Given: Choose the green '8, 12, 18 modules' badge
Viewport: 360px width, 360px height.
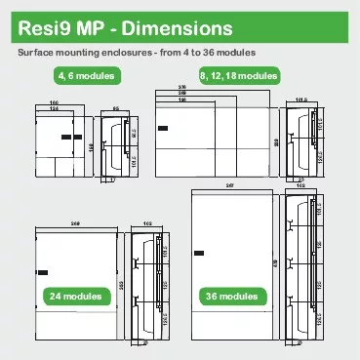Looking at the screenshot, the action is point(238,75).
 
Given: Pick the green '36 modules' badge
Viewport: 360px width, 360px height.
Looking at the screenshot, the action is point(231,296).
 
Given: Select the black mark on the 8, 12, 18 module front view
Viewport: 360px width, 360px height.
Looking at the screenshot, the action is point(162,127).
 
